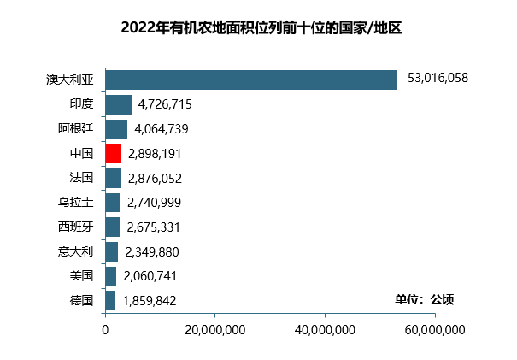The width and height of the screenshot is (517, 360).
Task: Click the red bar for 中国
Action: (x=113, y=154)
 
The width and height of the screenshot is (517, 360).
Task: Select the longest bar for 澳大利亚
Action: (x=250, y=80)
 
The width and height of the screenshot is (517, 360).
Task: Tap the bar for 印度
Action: (x=118, y=104)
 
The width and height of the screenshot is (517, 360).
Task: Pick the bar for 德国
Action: (x=110, y=301)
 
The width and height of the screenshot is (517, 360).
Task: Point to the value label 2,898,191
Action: (x=155, y=154)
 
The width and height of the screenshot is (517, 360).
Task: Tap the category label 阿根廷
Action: (x=75, y=129)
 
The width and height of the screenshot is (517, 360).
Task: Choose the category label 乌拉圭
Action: (x=75, y=203)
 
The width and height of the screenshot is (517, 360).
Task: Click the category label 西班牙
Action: (x=75, y=227)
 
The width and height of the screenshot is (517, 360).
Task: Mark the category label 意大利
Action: (x=75, y=251)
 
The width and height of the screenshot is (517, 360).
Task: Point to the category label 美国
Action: (x=81, y=276)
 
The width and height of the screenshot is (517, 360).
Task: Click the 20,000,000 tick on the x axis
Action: (x=214, y=330)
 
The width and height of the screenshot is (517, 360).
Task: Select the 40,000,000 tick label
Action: (x=325, y=330)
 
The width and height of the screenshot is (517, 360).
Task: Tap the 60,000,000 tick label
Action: (x=434, y=330)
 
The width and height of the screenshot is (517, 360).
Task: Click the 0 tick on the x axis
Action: (x=105, y=330)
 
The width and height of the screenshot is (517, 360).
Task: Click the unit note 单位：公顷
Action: (x=424, y=299)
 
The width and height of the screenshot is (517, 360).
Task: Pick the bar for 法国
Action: (x=113, y=178)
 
